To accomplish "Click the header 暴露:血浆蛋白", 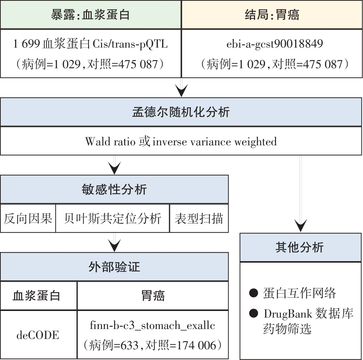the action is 90,15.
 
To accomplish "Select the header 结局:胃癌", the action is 272,15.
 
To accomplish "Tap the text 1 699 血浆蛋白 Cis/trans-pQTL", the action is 91,44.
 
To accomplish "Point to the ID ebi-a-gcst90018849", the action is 275,44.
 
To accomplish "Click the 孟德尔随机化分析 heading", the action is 181,112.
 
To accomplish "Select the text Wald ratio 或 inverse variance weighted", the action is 181,141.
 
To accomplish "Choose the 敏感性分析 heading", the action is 114,190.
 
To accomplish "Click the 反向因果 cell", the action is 28,218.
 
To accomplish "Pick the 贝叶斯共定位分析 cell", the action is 112,218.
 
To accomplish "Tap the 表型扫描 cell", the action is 199,218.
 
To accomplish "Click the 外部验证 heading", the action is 114,267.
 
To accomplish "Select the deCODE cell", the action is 38,335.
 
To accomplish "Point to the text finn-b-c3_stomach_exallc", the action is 152,325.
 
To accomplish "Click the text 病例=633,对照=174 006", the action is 153,345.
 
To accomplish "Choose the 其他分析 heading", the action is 300,247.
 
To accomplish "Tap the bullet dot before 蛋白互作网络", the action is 254,293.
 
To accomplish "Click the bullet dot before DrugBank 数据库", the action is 254,313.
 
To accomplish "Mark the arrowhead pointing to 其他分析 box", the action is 300,226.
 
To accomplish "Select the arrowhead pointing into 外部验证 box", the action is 114,245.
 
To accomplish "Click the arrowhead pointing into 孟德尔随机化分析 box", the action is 181,91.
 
